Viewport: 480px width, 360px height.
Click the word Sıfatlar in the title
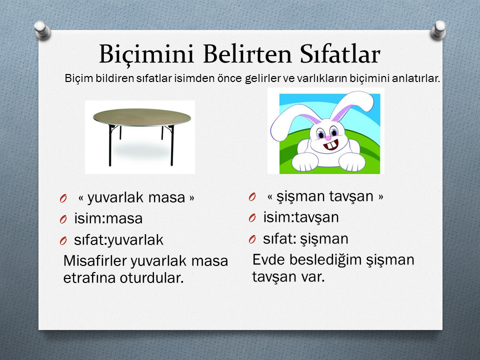pos(340,54)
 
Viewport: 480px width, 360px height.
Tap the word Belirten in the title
pos(247,54)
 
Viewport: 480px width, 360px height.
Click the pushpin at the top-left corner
pos(42,30)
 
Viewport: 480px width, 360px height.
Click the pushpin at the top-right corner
pos(438,30)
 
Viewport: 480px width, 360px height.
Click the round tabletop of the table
pos(141,117)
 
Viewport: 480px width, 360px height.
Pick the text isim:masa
pos(108,218)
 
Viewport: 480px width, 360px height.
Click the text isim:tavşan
pos(301,217)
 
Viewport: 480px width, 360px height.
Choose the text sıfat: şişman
pos(305,239)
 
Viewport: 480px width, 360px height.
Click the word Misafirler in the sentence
pos(95,261)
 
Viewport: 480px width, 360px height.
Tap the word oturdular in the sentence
pos(151,278)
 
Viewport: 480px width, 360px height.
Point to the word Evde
pos(268,259)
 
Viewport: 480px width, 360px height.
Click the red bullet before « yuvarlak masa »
pos(63,198)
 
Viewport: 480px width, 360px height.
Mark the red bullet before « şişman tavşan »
pos(252,197)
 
